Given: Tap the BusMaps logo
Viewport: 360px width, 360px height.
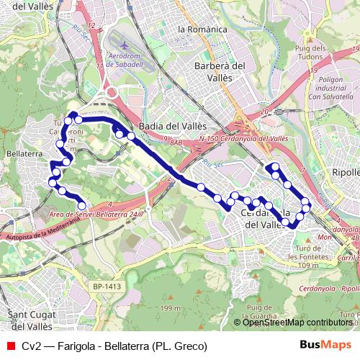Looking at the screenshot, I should [325, 345].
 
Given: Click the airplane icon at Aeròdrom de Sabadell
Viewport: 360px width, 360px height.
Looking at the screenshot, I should [126, 44].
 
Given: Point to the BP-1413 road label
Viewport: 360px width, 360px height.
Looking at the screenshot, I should [106, 287].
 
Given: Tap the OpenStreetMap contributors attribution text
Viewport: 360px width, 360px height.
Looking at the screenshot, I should [297, 323].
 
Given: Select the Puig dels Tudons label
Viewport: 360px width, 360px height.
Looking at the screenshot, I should [311, 53].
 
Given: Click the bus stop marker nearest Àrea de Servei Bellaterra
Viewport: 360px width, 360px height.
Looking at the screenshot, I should [81, 206].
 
